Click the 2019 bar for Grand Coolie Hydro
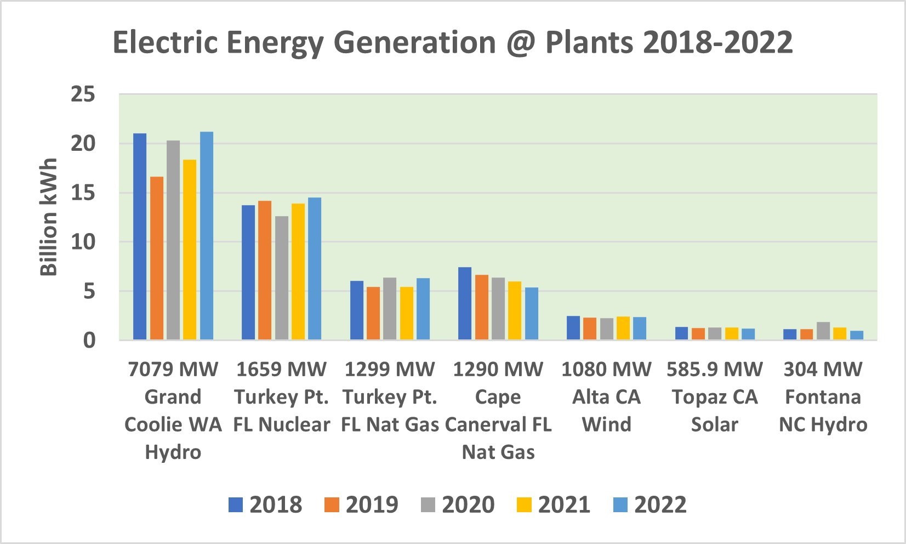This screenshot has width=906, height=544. pyautogui.click(x=157, y=258)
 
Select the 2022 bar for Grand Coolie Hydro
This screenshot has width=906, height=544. pyautogui.click(x=207, y=236)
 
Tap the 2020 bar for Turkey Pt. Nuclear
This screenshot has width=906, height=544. pyautogui.click(x=282, y=277)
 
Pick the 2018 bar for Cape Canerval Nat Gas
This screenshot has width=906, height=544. pyautogui.click(x=465, y=303)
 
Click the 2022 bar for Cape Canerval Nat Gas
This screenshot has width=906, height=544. pyautogui.click(x=532, y=313)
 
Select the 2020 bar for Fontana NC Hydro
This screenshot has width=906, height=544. pyautogui.click(x=823, y=331)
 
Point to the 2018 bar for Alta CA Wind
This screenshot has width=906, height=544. pyautogui.click(x=573, y=327)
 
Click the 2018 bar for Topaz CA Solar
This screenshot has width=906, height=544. pyautogui.click(x=681, y=333)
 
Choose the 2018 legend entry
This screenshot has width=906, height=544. pyautogui.click(x=265, y=505)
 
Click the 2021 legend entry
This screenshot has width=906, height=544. pyautogui.click(x=554, y=505)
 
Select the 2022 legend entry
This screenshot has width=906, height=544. pyautogui.click(x=650, y=505)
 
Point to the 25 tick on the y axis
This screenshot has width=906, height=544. pyautogui.click(x=83, y=95)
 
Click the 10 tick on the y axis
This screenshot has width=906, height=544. pyautogui.click(x=83, y=242)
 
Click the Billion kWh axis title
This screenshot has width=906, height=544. pyautogui.click(x=49, y=217)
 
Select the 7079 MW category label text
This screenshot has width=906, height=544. pyautogui.click(x=173, y=370)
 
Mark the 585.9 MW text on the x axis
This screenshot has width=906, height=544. pyautogui.click(x=715, y=370)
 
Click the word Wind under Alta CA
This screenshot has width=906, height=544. pyautogui.click(x=606, y=424)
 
